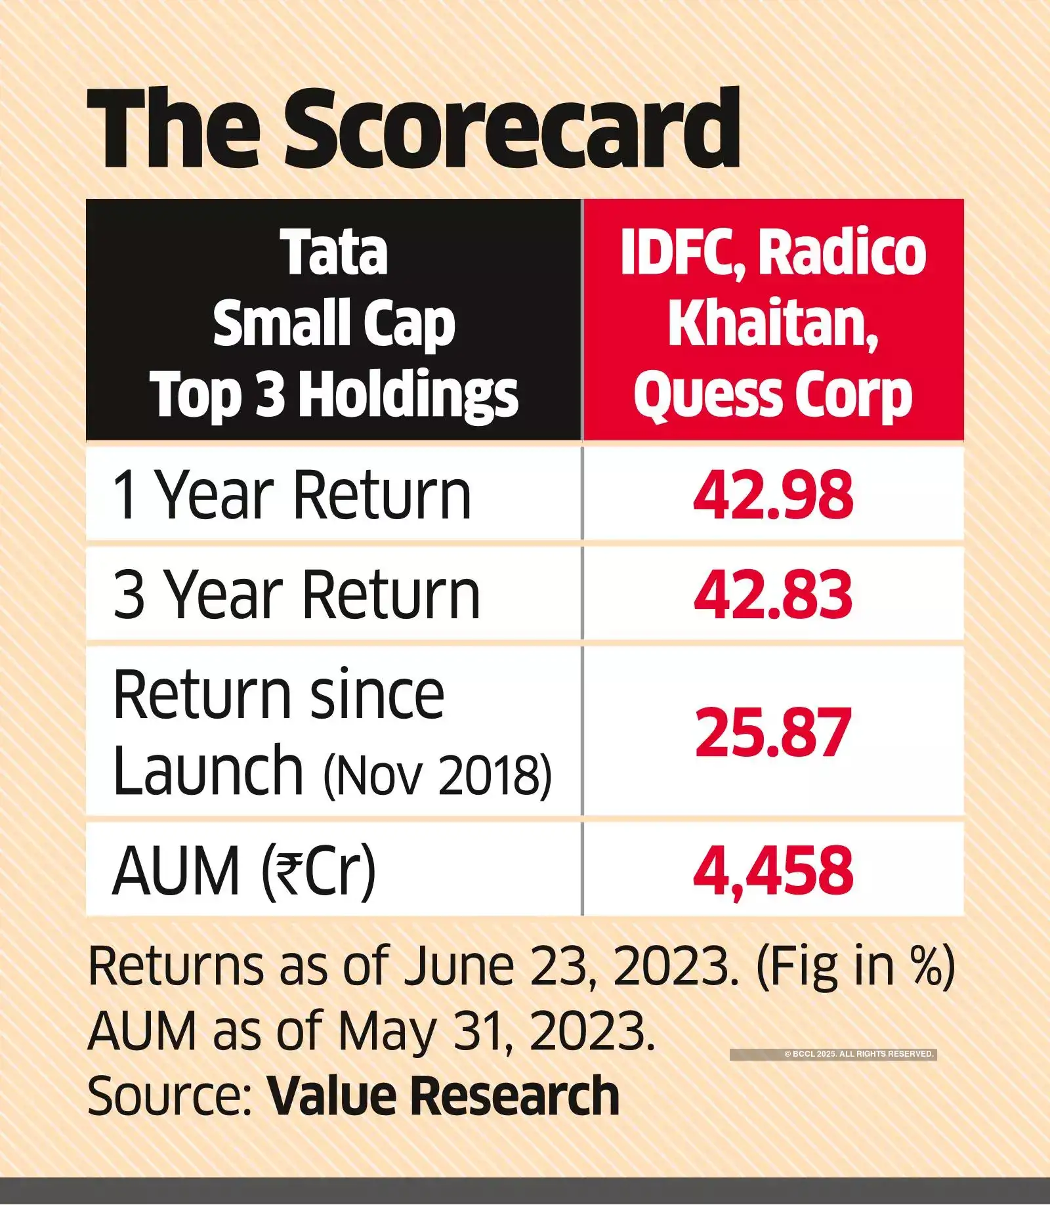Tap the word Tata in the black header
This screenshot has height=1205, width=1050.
(x=334, y=253)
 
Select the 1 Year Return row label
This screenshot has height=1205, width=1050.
(x=291, y=496)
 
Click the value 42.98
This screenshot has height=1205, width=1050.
(x=773, y=496)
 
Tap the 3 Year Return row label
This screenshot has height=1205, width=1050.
(x=296, y=595)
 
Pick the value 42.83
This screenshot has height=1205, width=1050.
(x=773, y=595)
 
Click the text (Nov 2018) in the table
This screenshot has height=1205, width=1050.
(x=437, y=776)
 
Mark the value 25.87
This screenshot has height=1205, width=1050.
(x=773, y=733)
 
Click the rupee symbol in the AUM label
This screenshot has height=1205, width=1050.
(x=287, y=871)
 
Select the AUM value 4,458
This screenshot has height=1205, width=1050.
(x=773, y=871)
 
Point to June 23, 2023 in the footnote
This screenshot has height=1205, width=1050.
(x=570, y=966)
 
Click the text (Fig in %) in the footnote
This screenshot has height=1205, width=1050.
(x=856, y=966)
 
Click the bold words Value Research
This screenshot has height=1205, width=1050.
(x=443, y=1095)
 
